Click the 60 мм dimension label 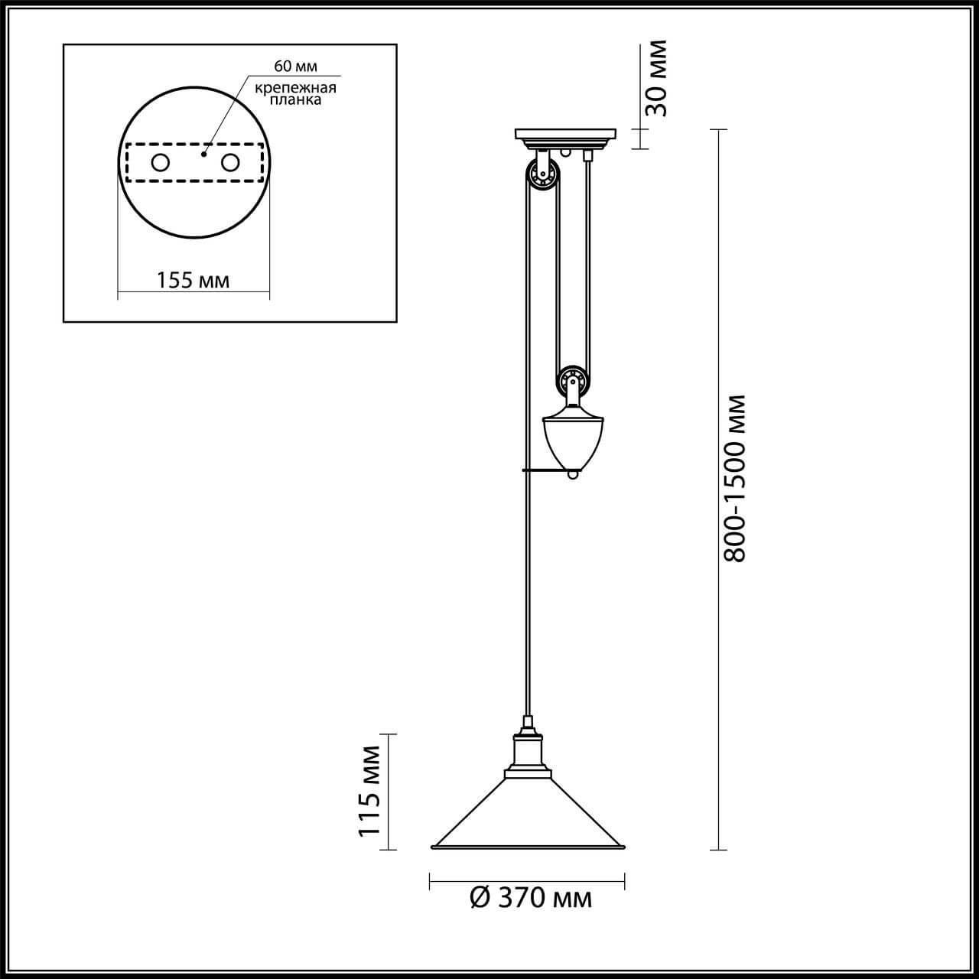(295, 67)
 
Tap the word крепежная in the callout (295, 88)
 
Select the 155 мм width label (193, 281)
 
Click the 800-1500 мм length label (734, 478)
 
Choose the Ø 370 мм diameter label (531, 898)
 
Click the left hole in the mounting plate (161, 163)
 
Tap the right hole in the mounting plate (230, 163)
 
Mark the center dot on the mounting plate (203, 154)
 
